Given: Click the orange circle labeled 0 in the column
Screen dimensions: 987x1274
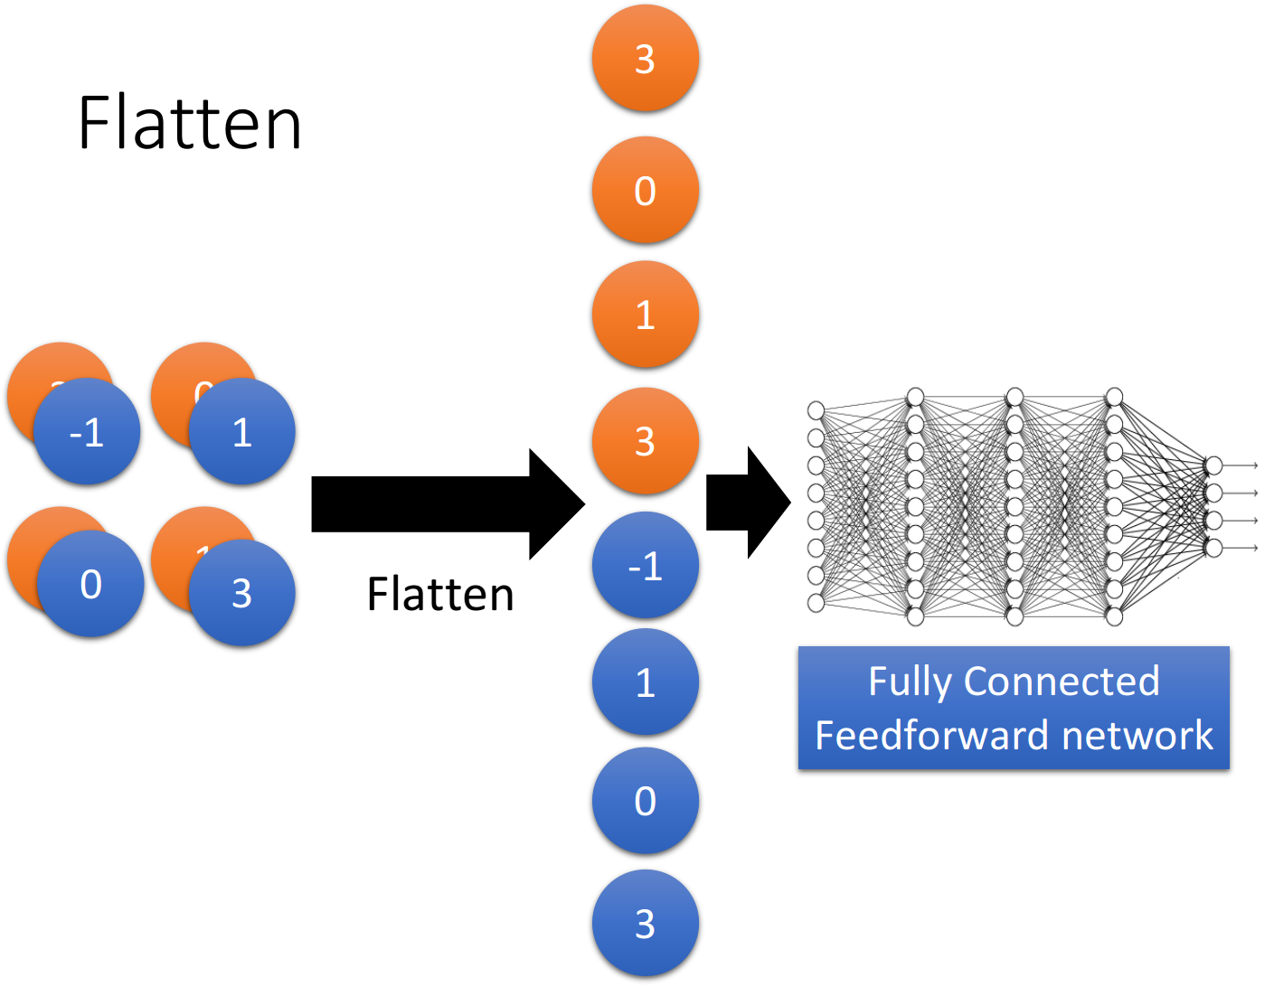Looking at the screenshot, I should click(x=645, y=190).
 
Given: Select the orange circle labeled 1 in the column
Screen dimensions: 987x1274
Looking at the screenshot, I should click(x=645, y=314).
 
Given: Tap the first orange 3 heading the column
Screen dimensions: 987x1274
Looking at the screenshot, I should click(x=645, y=58).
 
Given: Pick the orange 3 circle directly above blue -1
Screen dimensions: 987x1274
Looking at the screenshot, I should click(x=645, y=440).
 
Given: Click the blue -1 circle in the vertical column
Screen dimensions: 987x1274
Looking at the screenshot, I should click(x=645, y=565).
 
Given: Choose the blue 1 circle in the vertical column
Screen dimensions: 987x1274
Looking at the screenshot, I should click(x=645, y=681).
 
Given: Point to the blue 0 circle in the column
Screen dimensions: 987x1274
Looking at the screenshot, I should click(x=645, y=800).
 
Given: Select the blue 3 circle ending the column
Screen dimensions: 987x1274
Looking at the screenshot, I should click(x=645, y=923).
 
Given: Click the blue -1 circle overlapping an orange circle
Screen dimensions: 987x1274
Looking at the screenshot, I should click(x=87, y=431).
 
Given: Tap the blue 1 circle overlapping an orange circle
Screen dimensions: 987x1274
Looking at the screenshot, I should click(x=242, y=431).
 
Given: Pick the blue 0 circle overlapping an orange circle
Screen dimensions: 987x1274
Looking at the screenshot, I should click(x=90, y=584).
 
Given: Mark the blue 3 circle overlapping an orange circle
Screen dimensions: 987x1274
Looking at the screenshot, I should click(x=242, y=593).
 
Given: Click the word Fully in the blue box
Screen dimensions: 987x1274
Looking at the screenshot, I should click(x=910, y=681).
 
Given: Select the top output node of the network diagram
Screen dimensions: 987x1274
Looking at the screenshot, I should click(x=1213, y=465).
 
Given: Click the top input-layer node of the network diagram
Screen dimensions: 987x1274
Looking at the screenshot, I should click(x=816, y=410).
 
